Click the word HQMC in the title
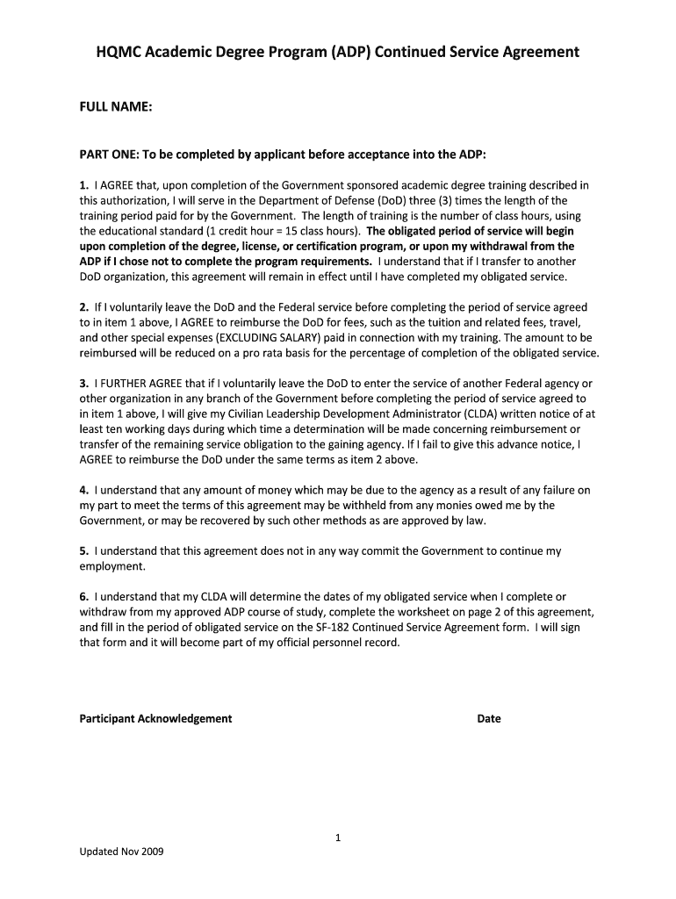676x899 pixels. (118, 52)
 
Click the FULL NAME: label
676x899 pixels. (117, 107)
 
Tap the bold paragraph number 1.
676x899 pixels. (83, 185)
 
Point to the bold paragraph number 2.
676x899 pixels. (83, 307)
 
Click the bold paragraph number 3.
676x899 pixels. (83, 384)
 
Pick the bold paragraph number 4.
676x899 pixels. (83, 490)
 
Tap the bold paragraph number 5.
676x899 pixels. (83, 551)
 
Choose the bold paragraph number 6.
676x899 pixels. (83, 597)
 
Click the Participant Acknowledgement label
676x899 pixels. (155, 718)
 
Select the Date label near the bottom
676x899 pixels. (489, 718)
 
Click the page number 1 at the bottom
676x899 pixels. (338, 838)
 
